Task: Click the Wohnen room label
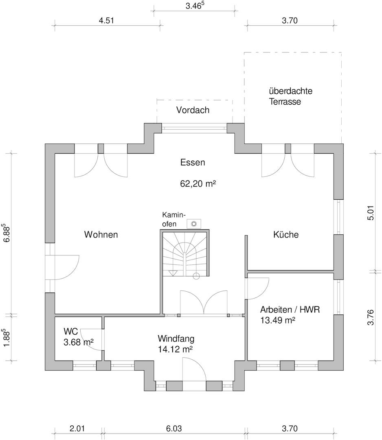coord(101,235)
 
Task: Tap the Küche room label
coord(286,235)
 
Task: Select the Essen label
coord(193,163)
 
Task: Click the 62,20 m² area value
coord(198,184)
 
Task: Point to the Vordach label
coord(193,110)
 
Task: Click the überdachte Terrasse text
coord(290,96)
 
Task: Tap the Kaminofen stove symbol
coord(194,223)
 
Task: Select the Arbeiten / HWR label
coord(290,310)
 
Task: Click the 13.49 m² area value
coord(278,320)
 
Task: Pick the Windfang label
coord(176,338)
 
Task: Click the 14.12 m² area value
coord(176,349)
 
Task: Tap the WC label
coord(70,331)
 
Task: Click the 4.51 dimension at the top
coord(106,21)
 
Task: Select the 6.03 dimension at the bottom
coord(174,429)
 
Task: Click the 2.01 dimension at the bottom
coord(78,429)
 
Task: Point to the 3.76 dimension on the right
coord(370,317)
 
